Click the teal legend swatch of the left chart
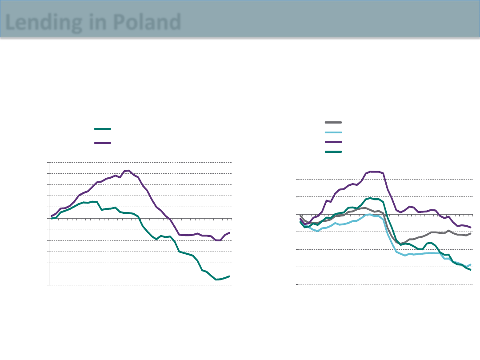(102, 129)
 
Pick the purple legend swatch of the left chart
(102, 143)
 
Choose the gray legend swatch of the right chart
(333, 122)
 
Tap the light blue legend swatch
(333, 132)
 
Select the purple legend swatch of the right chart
(333, 142)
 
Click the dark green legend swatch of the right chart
(333, 152)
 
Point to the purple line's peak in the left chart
(128, 170)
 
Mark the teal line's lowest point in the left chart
(217, 280)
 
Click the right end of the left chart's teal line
(229, 276)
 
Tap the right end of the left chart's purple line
(229, 232)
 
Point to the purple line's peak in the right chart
(372, 171)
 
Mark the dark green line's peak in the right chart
(370, 198)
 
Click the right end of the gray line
(470, 233)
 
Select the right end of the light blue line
(470, 264)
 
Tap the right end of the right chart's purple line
(470, 227)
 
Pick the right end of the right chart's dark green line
(470, 270)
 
